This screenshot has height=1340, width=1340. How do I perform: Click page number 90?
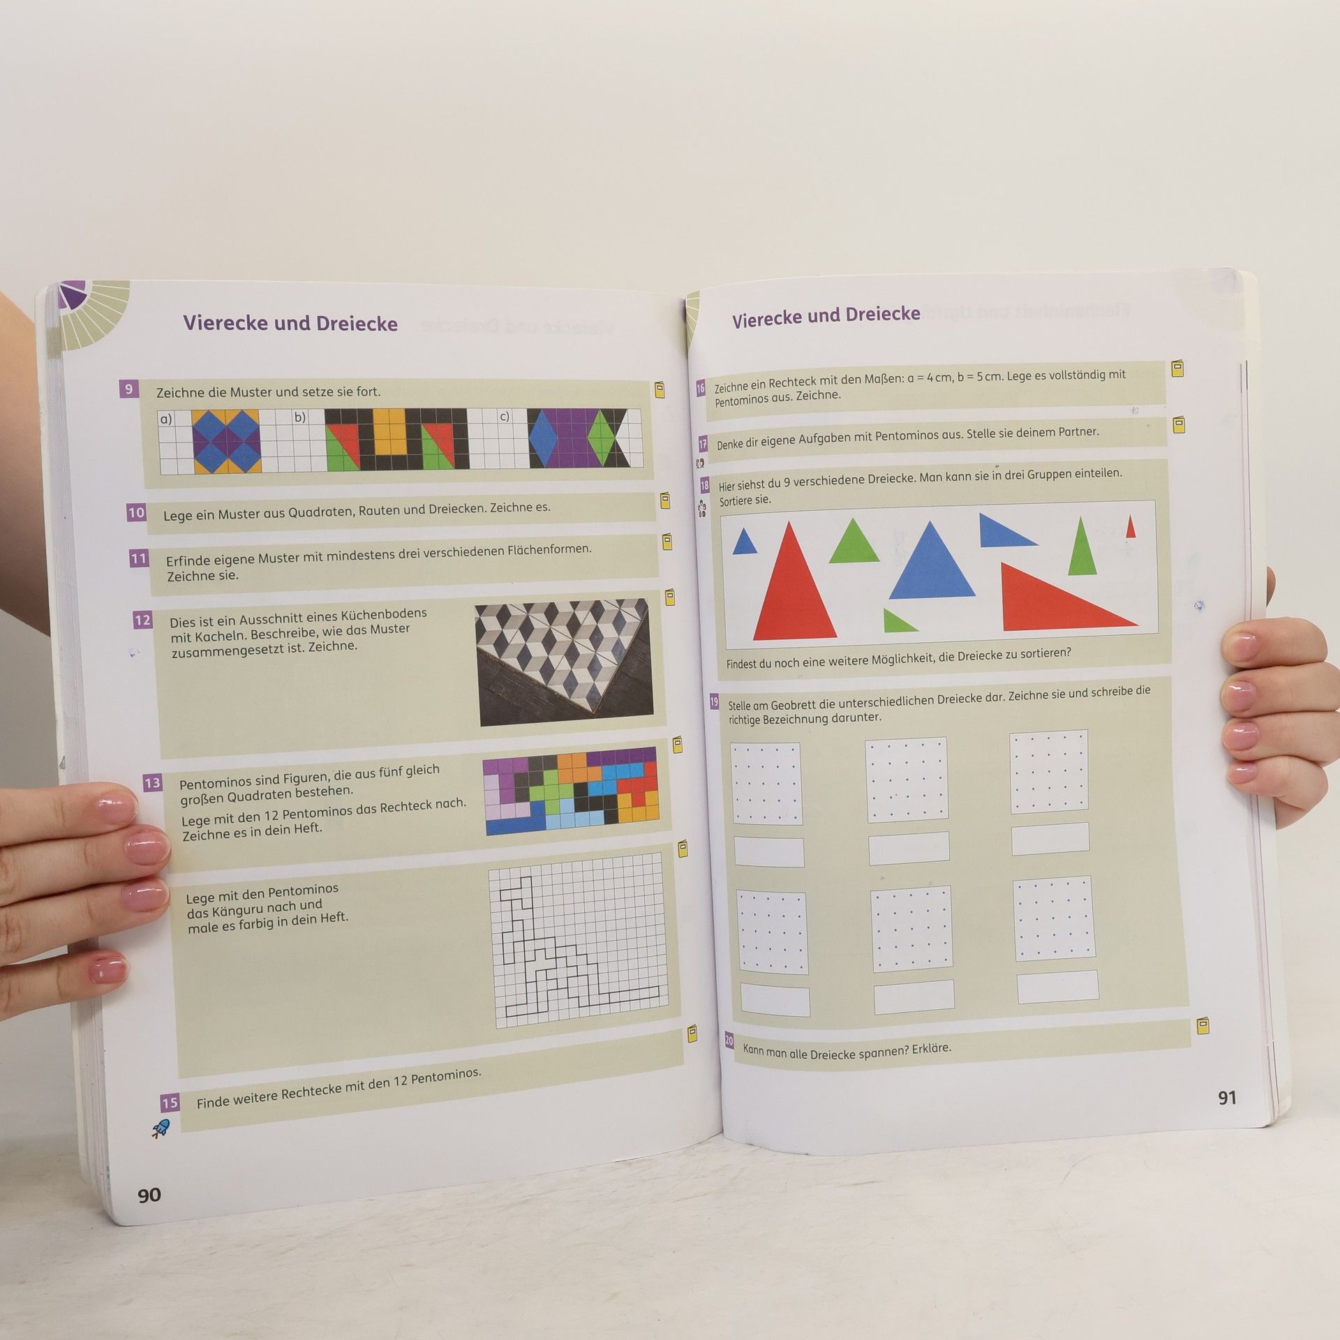[x=149, y=1195]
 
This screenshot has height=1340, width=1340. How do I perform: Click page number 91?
[x=1227, y=1098]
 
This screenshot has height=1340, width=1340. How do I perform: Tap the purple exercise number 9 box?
[x=128, y=389]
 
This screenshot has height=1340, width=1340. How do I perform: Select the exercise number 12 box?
[x=142, y=620]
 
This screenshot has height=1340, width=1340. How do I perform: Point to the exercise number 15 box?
[x=170, y=1103]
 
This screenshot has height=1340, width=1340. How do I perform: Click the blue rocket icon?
[x=161, y=1129]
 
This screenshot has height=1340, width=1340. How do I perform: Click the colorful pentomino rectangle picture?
[x=571, y=791]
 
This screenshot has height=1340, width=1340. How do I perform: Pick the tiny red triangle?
[x=1131, y=527]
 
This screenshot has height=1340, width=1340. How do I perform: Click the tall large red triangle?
[x=794, y=581]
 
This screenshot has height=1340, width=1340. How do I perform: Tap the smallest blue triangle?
[x=745, y=542]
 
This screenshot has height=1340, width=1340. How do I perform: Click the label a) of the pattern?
[x=166, y=419]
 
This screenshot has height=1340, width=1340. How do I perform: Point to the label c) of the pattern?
[x=504, y=416]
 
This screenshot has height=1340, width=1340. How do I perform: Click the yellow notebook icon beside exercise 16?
[x=1177, y=368]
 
